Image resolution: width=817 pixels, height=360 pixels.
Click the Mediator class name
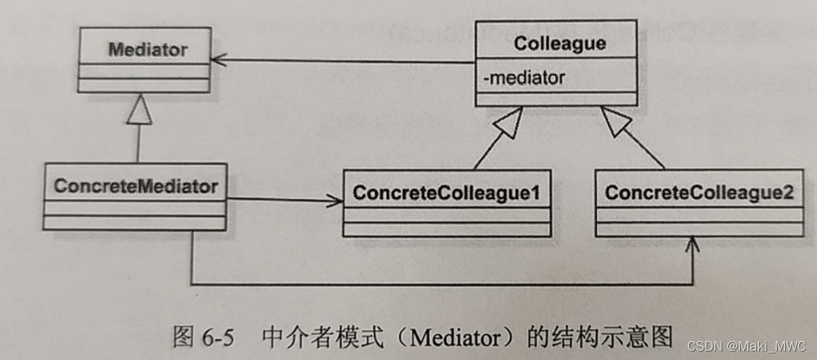click(x=147, y=50)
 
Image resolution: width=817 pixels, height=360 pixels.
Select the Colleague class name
click(x=559, y=44)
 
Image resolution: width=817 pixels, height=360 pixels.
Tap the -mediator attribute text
click(x=524, y=78)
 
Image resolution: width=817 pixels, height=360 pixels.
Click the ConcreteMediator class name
click(x=135, y=186)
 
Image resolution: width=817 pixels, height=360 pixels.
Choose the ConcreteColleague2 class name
click(x=698, y=193)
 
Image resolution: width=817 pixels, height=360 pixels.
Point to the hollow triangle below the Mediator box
click(x=139, y=112)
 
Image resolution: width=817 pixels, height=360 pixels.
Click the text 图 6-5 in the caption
click(x=202, y=337)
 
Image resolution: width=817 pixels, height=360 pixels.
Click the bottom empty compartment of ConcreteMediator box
click(x=134, y=222)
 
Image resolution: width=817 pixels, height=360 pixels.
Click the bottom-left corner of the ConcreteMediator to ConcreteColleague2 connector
click(x=192, y=284)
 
